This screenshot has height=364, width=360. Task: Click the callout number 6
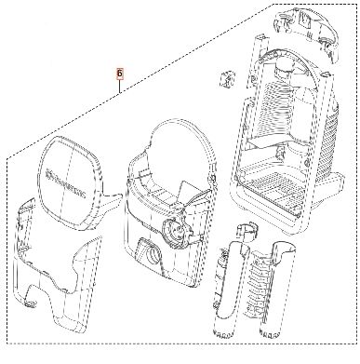tap(119, 71)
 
